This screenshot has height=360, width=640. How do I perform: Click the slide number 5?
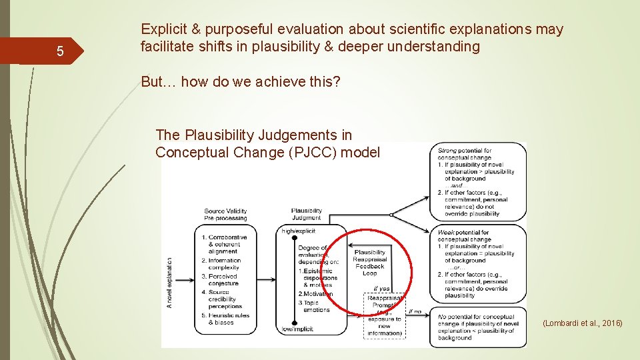(x=60, y=51)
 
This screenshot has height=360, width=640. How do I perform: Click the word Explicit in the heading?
(x=163, y=29)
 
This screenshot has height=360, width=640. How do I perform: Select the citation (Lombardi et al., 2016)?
(x=582, y=323)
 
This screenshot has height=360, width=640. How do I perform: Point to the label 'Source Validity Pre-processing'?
(x=225, y=215)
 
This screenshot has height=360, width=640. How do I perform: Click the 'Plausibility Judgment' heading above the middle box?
(x=306, y=215)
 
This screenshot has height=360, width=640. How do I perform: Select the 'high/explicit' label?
(x=297, y=231)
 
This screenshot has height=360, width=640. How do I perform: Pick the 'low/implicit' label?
(x=297, y=329)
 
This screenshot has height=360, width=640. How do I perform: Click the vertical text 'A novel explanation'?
(x=170, y=283)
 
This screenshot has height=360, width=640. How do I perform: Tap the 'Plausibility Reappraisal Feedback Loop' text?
(x=369, y=263)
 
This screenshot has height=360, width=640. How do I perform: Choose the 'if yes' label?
(x=381, y=289)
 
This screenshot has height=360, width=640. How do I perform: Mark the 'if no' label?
(x=414, y=311)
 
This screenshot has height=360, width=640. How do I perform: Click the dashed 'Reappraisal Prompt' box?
(x=385, y=317)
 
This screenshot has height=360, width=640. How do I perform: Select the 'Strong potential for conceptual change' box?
(x=479, y=182)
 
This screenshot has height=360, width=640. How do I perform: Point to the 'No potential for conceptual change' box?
(x=479, y=327)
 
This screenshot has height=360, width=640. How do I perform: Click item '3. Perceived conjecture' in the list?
(x=223, y=279)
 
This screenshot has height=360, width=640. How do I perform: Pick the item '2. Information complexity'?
(x=224, y=264)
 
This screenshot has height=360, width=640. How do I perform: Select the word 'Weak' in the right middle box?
(x=447, y=233)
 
